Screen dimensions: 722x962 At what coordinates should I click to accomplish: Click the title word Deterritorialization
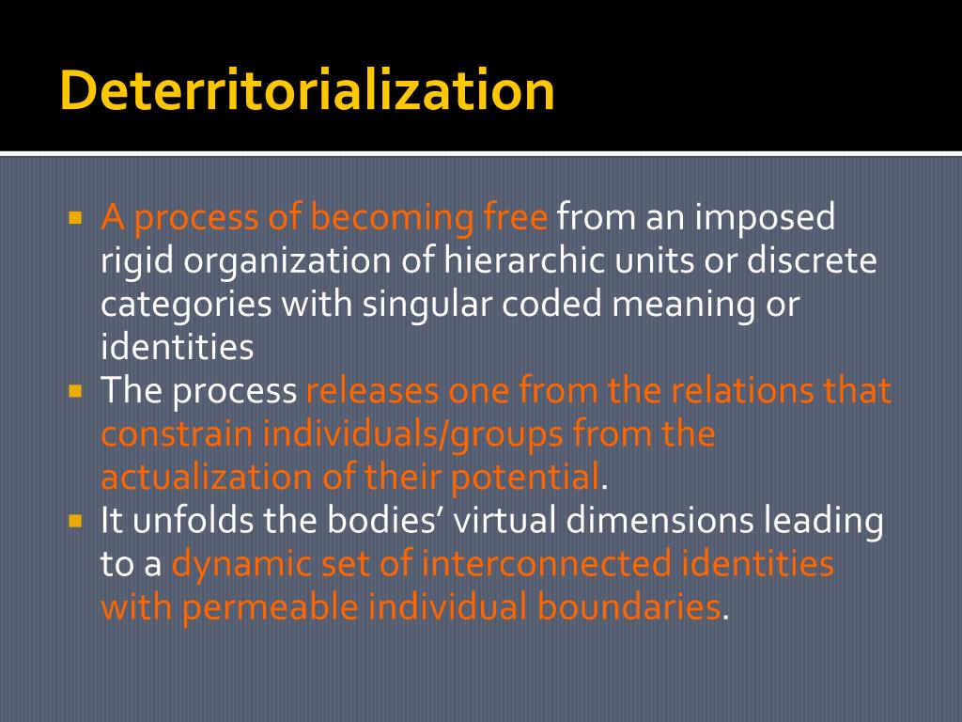pyautogui.click(x=306, y=91)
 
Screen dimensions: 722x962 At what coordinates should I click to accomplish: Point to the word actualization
pyautogui.click(x=206, y=477)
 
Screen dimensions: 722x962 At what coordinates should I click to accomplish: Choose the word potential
pyautogui.click(x=524, y=477)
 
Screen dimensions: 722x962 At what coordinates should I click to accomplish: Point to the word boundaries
pyautogui.click(x=628, y=607)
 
